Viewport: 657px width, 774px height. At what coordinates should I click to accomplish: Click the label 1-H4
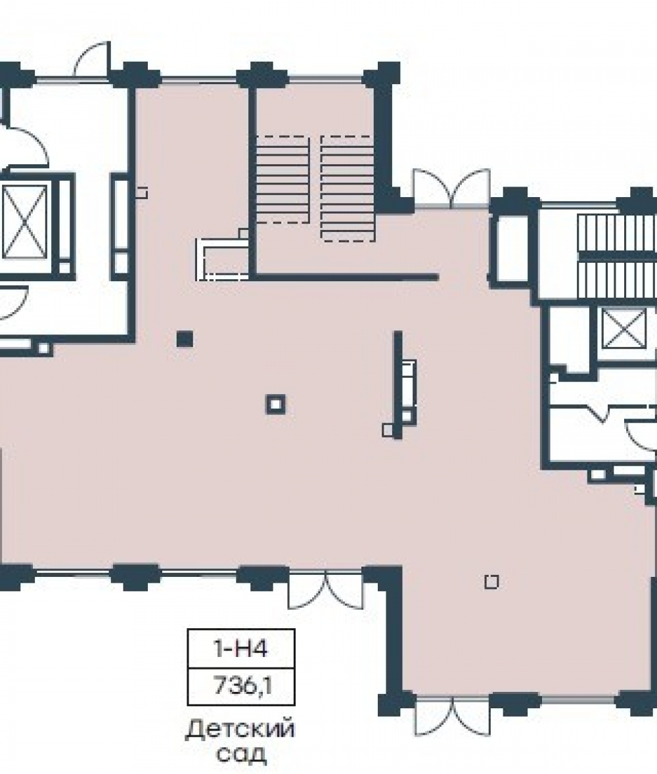pos(241,649)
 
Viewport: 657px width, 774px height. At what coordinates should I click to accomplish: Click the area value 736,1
pos(242,686)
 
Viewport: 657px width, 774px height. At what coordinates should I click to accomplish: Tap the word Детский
pos(240,729)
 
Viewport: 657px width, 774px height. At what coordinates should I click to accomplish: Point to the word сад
pos(241,754)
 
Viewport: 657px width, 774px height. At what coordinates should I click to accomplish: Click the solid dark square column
pos(185,339)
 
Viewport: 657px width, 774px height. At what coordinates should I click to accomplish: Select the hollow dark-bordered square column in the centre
pos(275,405)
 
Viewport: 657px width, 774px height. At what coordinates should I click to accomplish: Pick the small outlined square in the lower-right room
pos(491,582)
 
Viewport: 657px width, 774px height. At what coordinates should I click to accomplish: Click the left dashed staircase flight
pos(283,180)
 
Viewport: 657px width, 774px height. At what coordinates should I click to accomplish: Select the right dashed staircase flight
pos(347,189)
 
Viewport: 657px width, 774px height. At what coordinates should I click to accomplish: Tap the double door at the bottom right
pos(453,716)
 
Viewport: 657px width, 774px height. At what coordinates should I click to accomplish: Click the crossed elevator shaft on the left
pos(25,221)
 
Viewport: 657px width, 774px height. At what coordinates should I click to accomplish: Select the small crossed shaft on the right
pos(624,329)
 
